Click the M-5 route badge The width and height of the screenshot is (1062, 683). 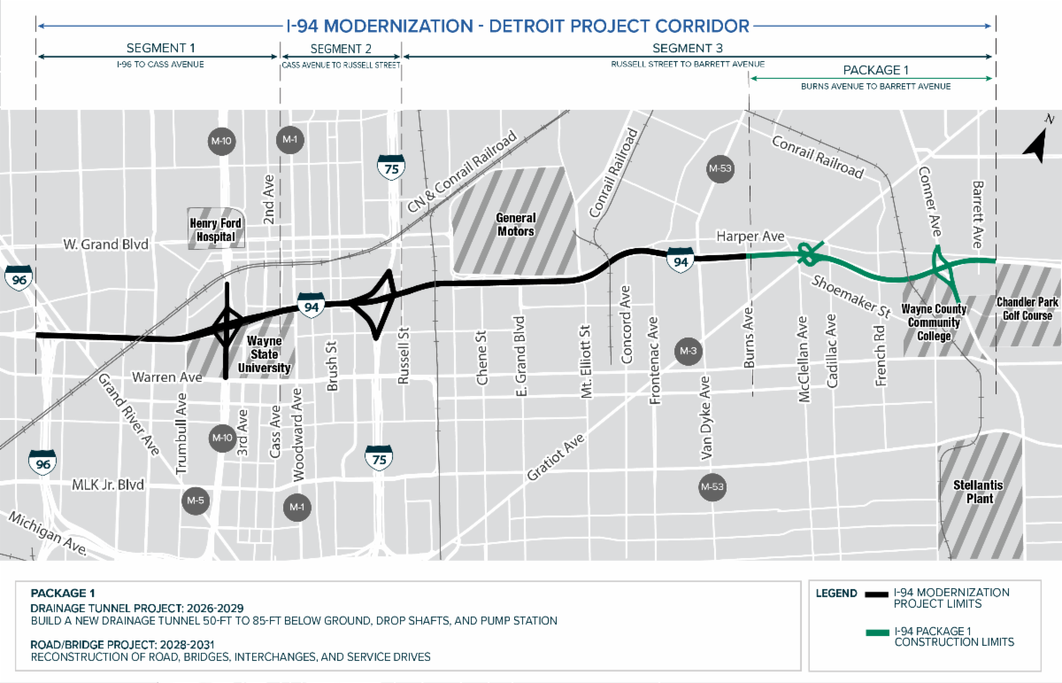196,501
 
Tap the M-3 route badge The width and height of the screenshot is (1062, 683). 689,352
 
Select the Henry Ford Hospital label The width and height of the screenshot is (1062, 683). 216,229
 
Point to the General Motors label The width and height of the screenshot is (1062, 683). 515,224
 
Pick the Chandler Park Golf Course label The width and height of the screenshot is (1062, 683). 1026,309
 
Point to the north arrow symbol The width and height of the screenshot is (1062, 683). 1035,143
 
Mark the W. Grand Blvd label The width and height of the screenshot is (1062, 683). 106,244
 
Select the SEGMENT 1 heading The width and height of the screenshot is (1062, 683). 161,49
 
